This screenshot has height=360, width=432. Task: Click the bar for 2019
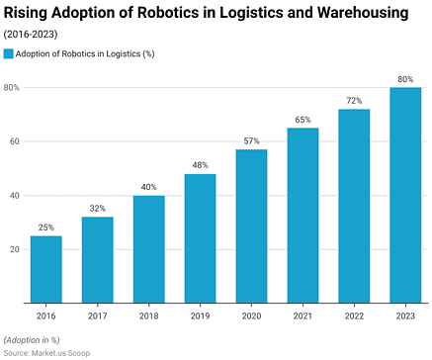point(200,238)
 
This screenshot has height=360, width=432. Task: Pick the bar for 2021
point(302,216)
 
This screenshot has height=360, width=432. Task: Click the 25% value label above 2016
point(45,227)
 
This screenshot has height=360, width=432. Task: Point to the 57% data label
point(251,141)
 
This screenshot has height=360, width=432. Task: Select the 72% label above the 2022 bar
point(354,101)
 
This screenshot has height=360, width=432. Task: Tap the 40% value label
point(148,187)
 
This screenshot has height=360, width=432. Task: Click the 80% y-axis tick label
point(12,88)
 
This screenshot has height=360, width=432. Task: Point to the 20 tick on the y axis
point(14,249)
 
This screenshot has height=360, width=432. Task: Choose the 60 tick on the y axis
point(14,141)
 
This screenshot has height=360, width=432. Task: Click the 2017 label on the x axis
point(97,315)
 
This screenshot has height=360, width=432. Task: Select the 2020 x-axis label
point(251,315)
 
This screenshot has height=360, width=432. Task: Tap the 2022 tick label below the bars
point(354,315)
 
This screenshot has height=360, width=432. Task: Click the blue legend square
point(10,53)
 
